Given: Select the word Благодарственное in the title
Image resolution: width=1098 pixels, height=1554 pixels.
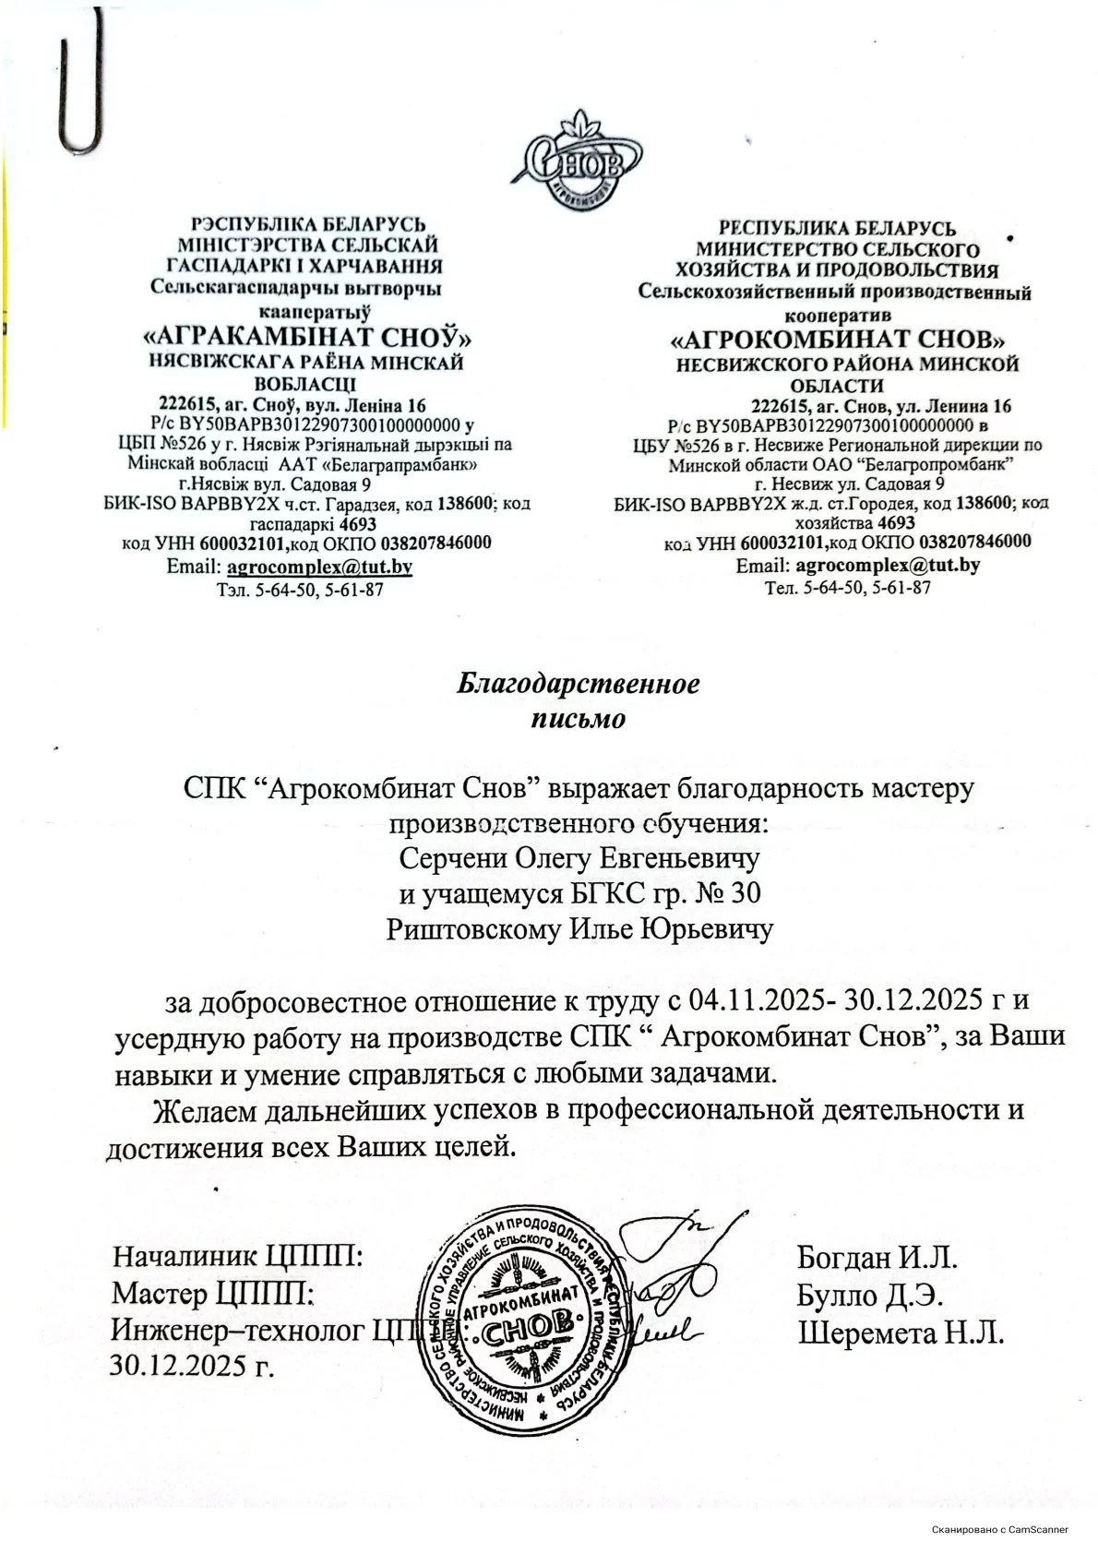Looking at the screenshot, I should click(579, 685).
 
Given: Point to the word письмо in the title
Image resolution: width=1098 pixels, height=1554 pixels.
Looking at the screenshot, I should click(578, 718).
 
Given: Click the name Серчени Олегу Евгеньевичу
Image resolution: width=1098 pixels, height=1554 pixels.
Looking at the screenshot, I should click(579, 858).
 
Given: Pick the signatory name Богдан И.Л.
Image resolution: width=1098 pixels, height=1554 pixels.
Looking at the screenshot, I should click(877, 1257).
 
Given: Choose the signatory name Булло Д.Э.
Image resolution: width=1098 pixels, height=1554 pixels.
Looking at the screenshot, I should click(869, 1295).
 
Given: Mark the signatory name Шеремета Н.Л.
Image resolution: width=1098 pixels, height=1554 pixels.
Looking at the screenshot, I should click(901, 1333).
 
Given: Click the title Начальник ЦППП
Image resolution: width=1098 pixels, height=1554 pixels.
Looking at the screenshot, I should click(235, 1257).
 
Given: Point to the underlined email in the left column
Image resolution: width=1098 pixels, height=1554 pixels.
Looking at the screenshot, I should click(319, 566).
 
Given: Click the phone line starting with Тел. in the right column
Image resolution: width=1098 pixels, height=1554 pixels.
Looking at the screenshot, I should click(847, 587).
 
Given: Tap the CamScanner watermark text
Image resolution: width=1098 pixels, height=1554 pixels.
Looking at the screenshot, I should click(999, 1529).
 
